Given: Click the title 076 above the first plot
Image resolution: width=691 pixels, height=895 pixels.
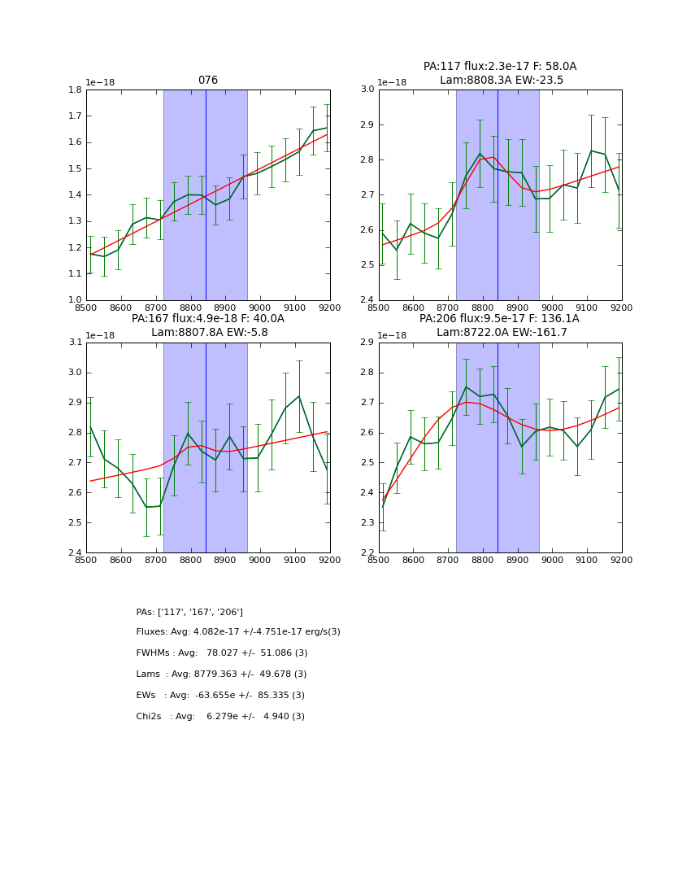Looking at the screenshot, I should point(208,81).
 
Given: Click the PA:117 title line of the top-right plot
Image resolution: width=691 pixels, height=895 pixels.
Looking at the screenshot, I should point(500,67).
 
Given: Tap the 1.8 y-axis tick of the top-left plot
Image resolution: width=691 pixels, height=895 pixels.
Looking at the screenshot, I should point(75,89).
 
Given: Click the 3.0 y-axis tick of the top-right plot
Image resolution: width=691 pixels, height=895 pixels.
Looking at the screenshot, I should point(367,89).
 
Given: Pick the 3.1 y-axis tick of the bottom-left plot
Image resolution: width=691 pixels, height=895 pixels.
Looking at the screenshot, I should point(75,343).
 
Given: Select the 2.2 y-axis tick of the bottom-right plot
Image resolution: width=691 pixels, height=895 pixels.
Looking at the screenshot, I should point(367,553).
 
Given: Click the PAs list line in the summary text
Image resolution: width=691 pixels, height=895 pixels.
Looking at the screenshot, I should point(189,612).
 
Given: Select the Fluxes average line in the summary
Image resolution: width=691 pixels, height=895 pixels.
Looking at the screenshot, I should point(238,632).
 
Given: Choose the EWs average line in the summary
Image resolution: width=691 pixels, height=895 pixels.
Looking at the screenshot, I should point(220,696).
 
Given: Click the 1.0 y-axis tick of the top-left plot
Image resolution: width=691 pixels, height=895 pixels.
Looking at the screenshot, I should point(75,300).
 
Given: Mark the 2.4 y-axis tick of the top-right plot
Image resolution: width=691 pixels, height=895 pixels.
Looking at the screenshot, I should point(367,300).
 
